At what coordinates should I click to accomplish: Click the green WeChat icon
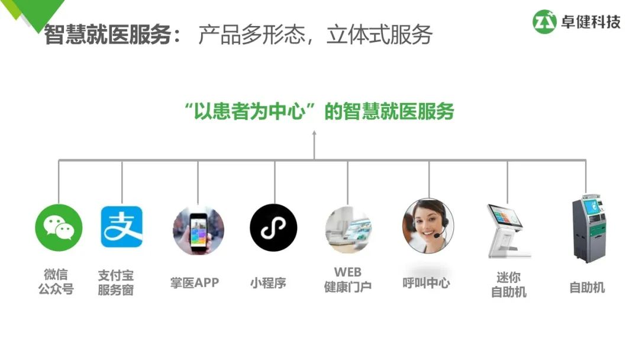[59, 227]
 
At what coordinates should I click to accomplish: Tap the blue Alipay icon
[121, 227]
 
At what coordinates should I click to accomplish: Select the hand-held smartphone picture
[198, 230]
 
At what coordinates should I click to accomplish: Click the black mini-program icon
[273, 228]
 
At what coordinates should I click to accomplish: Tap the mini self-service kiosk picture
[507, 230]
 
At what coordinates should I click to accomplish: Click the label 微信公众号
[56, 282]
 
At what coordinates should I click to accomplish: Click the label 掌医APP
[195, 283]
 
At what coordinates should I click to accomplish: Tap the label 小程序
[268, 283]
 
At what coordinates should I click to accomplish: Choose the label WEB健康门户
[348, 279]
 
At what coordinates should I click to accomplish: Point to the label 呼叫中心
[426, 283]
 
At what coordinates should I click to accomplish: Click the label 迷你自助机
[508, 285]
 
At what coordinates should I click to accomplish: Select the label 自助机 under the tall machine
[587, 288]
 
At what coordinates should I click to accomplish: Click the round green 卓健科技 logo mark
[545, 22]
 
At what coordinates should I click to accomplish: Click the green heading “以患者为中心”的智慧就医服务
[319, 111]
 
